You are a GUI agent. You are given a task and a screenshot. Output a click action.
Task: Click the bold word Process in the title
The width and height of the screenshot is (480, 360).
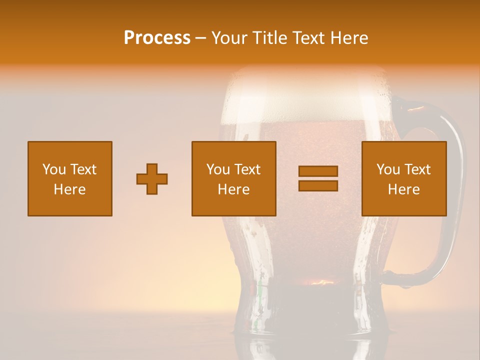click(157, 38)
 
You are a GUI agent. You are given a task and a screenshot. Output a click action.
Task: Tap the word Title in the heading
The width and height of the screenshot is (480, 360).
click(269, 38)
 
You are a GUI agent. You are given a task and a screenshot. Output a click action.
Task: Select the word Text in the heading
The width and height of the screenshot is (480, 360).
click(310, 38)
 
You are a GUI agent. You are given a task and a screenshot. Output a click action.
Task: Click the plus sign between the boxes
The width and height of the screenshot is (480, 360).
click(152, 179)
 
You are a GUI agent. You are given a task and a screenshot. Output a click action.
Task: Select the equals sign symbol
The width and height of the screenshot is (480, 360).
click(318, 178)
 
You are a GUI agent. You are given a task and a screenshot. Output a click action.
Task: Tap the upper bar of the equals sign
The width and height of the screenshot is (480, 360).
click(318, 171)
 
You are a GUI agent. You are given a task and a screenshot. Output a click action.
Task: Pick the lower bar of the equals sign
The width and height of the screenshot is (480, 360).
click(318, 185)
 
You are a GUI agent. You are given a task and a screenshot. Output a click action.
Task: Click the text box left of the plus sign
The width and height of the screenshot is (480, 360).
click(70, 179)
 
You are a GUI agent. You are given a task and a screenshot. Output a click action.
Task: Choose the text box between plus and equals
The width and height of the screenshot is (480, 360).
click(234, 179)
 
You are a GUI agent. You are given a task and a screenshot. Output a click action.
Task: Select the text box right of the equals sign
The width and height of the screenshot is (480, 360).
click(404, 179)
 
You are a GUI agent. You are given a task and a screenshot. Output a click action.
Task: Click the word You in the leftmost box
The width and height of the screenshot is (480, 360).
click(54, 169)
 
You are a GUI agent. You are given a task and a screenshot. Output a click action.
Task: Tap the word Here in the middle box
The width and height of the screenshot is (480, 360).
click(234, 189)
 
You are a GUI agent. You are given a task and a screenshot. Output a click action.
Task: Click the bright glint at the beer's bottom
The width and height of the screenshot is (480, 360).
click(320, 282)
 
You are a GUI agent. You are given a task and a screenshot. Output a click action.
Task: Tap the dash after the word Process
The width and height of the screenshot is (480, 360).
click(201, 38)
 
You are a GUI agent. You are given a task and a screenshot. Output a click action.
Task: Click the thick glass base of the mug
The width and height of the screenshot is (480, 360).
click(305, 310)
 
